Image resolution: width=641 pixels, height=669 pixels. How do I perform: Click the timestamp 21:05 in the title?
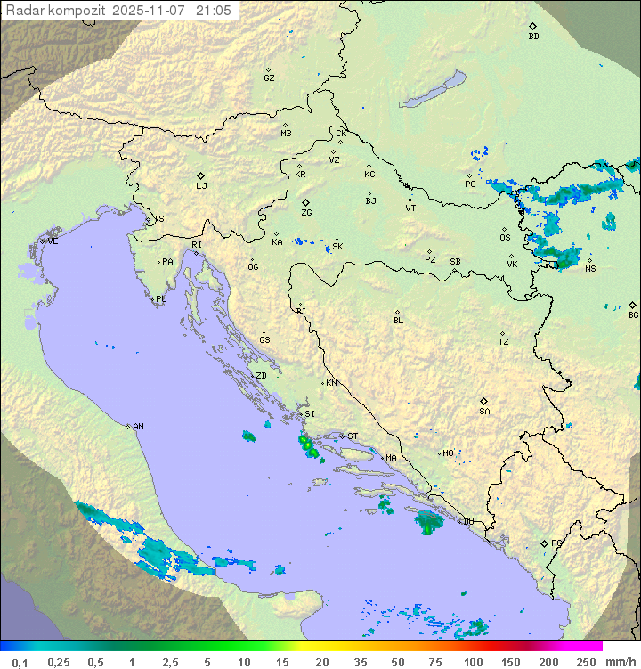[x=213, y=11]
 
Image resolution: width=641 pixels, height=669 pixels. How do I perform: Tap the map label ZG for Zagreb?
[x=306, y=213]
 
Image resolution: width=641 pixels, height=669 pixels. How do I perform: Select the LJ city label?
[x=201, y=186]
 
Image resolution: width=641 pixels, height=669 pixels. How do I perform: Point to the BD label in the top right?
[x=533, y=37]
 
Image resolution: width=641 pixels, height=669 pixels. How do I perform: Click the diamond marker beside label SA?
[x=484, y=401]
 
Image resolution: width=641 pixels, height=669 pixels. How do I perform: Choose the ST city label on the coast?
[x=353, y=436]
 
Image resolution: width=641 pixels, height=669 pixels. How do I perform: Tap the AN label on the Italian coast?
[x=138, y=427]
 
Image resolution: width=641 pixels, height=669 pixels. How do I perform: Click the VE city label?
[x=53, y=241]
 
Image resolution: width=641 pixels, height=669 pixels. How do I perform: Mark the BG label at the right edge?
[x=633, y=315]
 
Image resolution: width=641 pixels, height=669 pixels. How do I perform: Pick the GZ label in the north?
[x=269, y=78]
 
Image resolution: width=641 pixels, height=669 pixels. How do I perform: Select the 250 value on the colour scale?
[x=585, y=662]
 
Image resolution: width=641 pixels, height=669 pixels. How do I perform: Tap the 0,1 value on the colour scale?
[x=20, y=662]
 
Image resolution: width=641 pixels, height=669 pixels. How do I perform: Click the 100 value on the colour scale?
[x=473, y=662]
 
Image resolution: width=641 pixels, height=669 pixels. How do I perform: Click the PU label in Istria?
[x=161, y=299]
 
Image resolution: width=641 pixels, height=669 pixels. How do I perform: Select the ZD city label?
[x=261, y=376]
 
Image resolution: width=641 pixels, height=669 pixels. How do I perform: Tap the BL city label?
[x=398, y=321]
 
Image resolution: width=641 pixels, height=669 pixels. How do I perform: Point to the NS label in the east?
[x=590, y=268]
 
